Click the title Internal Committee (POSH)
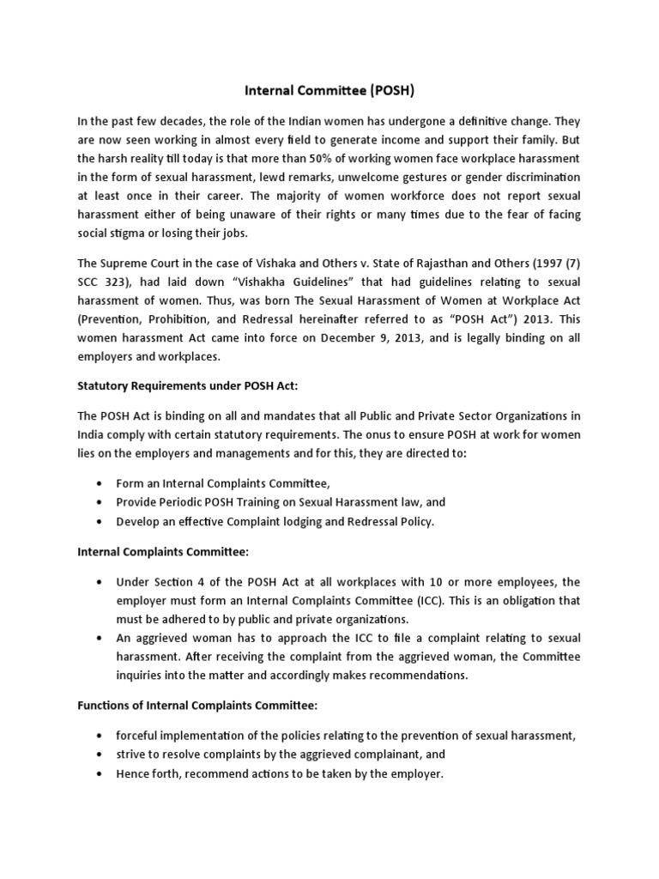point(329,89)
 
